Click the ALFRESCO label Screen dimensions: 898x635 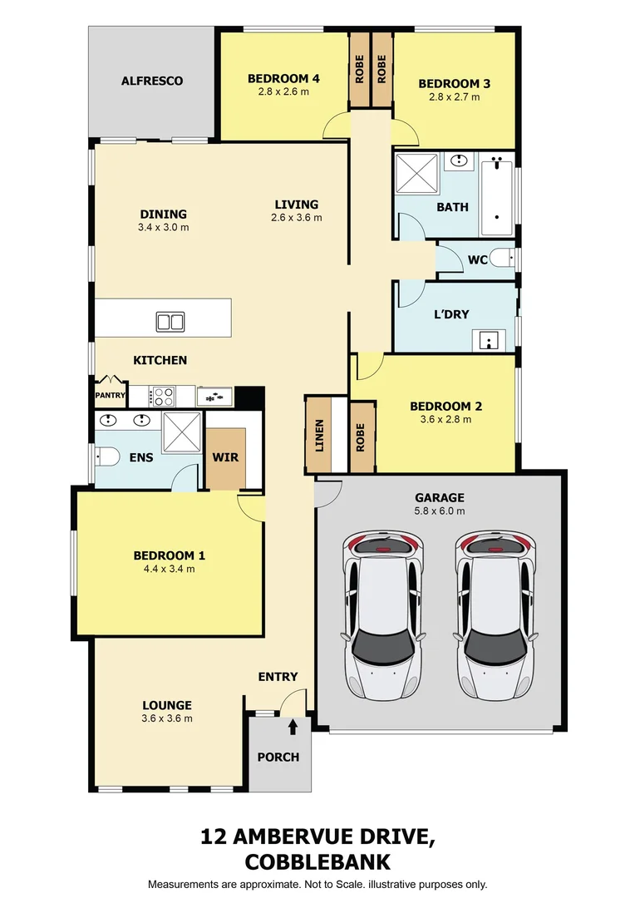click(x=151, y=81)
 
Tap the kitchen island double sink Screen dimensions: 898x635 click(x=170, y=321)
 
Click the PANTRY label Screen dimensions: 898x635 click(x=109, y=396)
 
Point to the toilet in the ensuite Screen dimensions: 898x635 click(x=105, y=456)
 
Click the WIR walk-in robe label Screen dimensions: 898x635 click(x=225, y=457)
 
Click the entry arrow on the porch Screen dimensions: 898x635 click(x=293, y=728)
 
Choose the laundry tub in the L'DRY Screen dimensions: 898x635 click(x=490, y=339)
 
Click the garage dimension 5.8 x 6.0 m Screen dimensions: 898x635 click(x=440, y=511)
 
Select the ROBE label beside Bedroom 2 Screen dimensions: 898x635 click(x=361, y=437)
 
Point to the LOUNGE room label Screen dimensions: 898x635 click(x=167, y=705)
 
